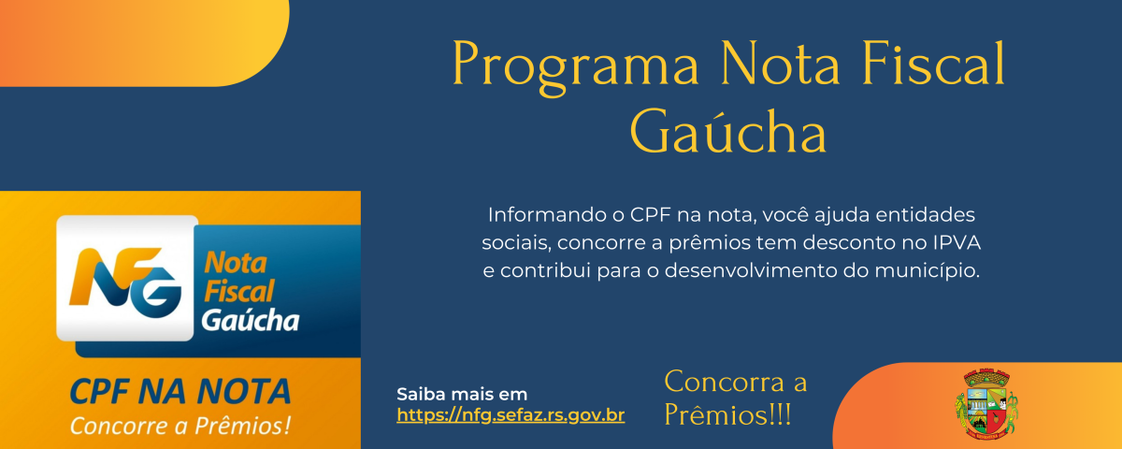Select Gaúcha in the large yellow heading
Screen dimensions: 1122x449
tap(727, 131)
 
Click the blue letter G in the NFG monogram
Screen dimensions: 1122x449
tap(156, 292)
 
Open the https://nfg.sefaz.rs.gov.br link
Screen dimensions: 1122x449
tap(511, 415)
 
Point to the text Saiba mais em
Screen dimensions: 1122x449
tap(462, 394)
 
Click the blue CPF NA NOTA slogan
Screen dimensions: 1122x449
tap(180, 391)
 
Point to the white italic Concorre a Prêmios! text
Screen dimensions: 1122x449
tap(180, 426)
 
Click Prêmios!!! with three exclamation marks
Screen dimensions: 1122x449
tap(727, 415)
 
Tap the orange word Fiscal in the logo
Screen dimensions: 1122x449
tap(239, 291)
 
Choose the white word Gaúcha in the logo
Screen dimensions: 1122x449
tap(250, 321)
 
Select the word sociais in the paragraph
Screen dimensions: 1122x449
tap(516, 243)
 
